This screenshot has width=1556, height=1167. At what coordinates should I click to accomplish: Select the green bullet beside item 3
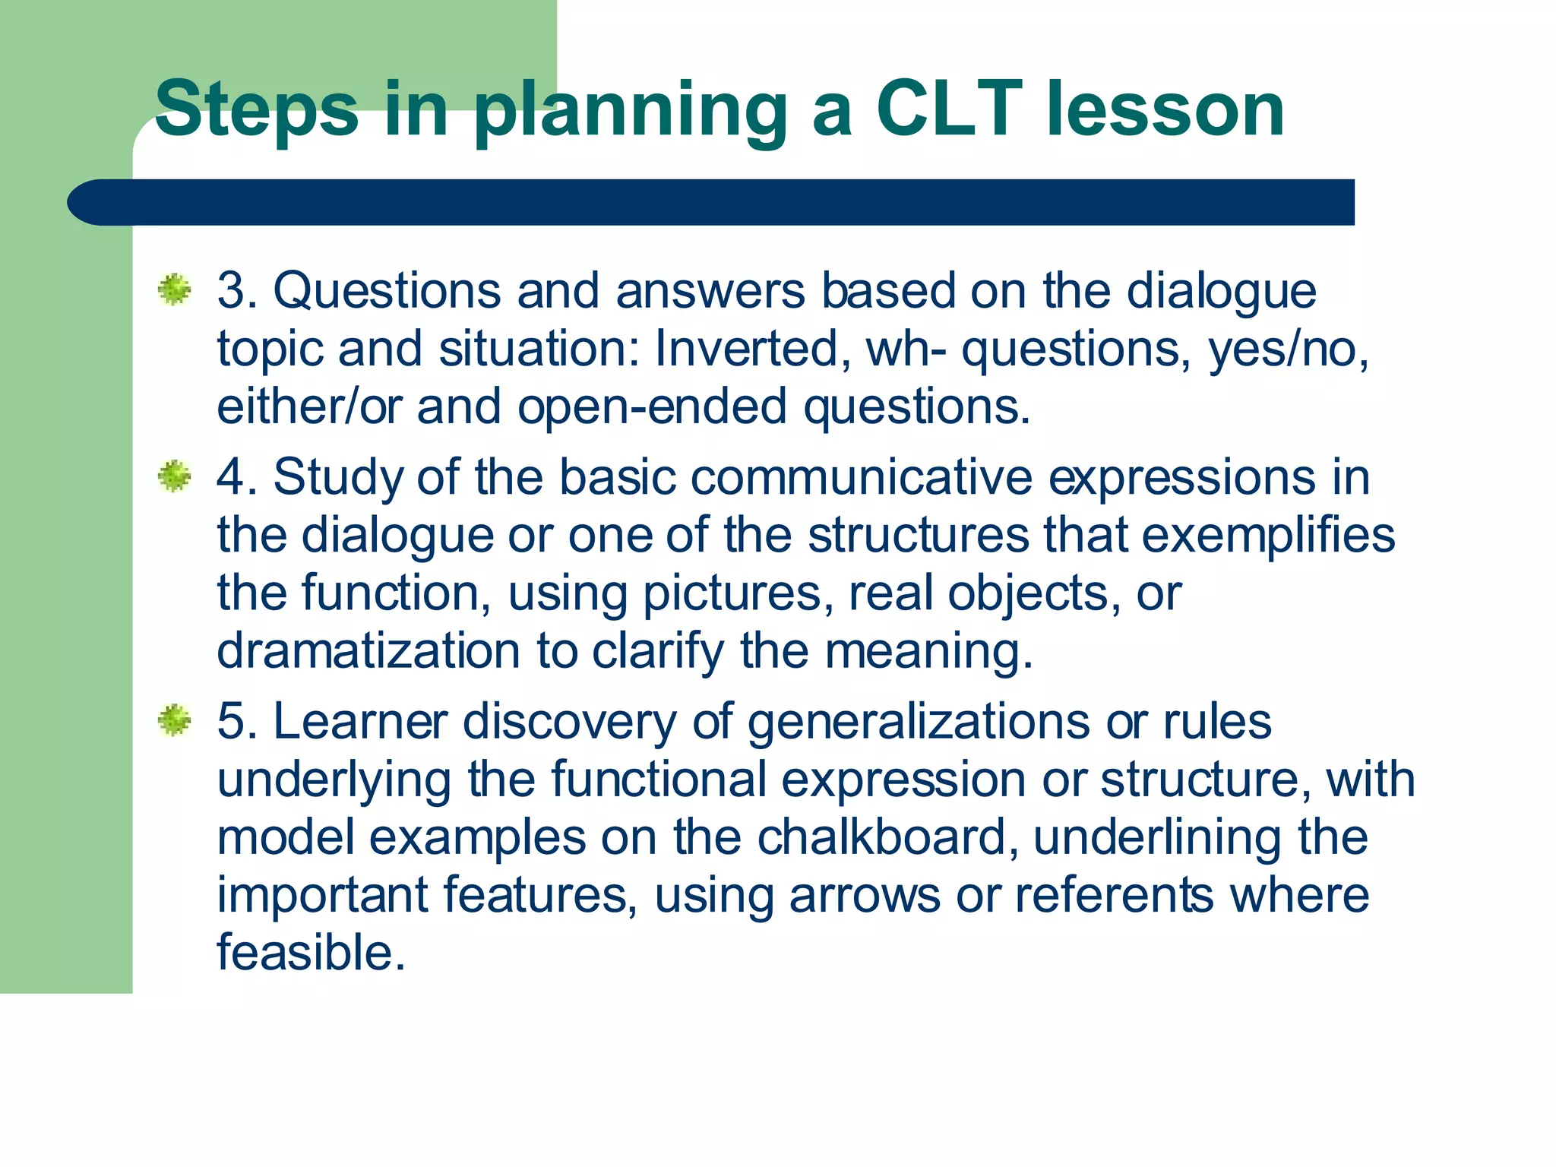coord(175,290)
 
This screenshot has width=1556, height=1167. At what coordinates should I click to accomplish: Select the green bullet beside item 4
coord(175,476)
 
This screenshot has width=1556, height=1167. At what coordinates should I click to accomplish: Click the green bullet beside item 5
coord(175,720)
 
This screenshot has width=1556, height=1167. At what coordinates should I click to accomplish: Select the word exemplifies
coord(1268,536)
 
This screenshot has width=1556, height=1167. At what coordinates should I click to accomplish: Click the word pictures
coord(732,594)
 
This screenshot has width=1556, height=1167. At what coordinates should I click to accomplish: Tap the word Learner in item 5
coord(360,721)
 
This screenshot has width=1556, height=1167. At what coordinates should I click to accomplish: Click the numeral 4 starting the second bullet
coord(229,478)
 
